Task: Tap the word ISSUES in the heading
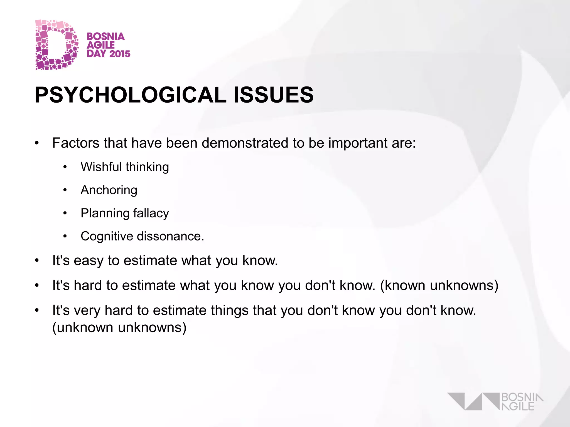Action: tap(273, 95)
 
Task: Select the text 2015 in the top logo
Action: tap(119, 54)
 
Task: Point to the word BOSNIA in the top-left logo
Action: tap(105, 36)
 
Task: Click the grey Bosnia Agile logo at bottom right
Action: tap(495, 401)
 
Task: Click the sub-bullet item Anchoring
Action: tap(109, 190)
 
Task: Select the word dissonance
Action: tap(170, 236)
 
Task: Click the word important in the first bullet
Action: tap(358, 143)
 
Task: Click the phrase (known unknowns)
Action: tap(439, 286)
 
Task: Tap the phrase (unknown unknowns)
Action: tap(119, 327)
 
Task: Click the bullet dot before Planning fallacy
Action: tap(65, 213)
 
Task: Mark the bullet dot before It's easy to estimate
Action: tap(37, 261)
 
